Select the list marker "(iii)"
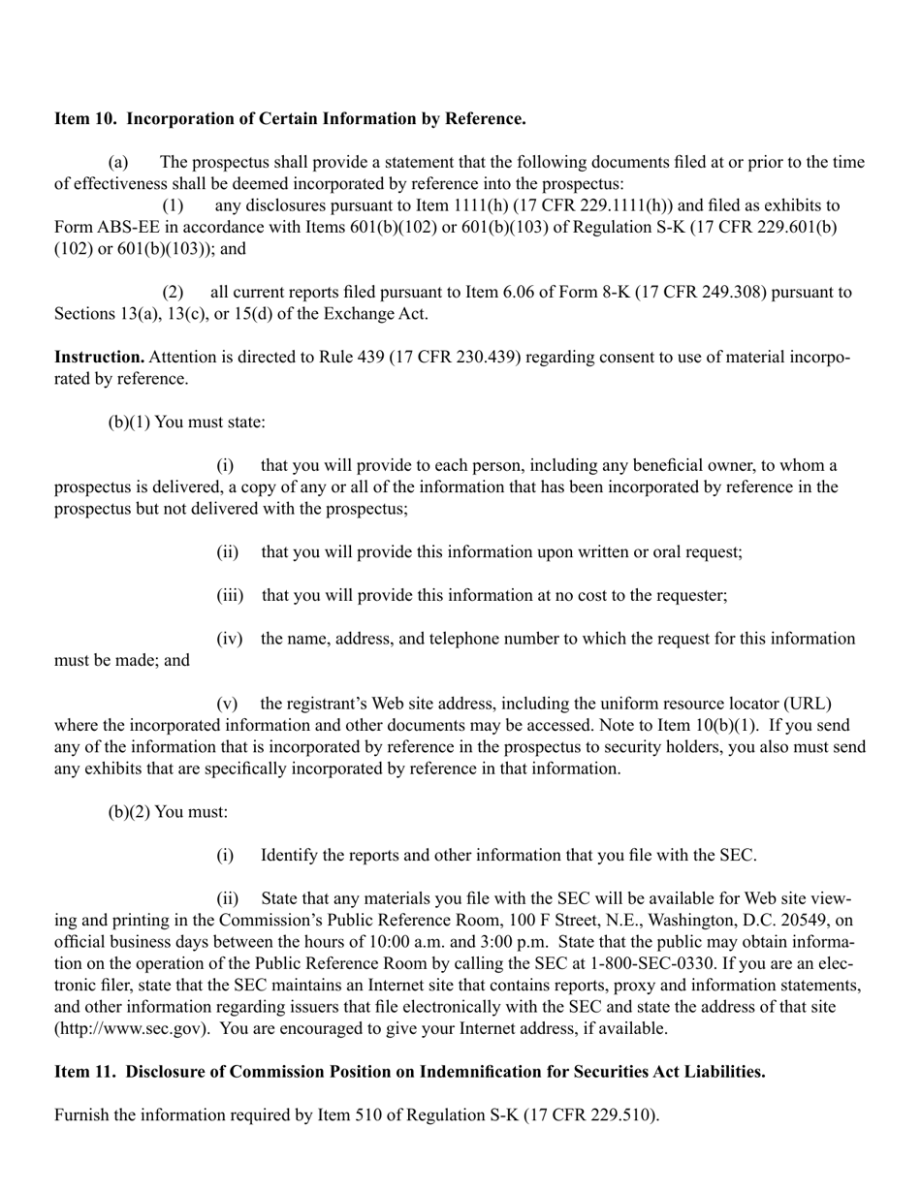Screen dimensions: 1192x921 (229, 596)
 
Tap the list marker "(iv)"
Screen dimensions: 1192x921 (229, 639)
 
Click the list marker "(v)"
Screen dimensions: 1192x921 (227, 704)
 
